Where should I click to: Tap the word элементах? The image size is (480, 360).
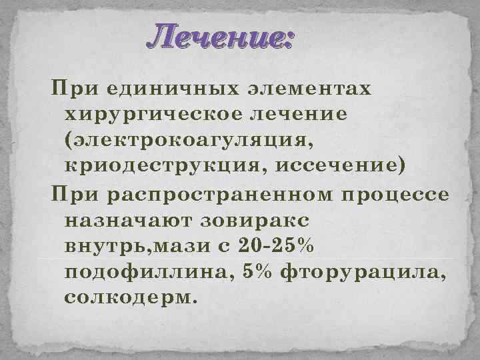click(309, 89)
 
